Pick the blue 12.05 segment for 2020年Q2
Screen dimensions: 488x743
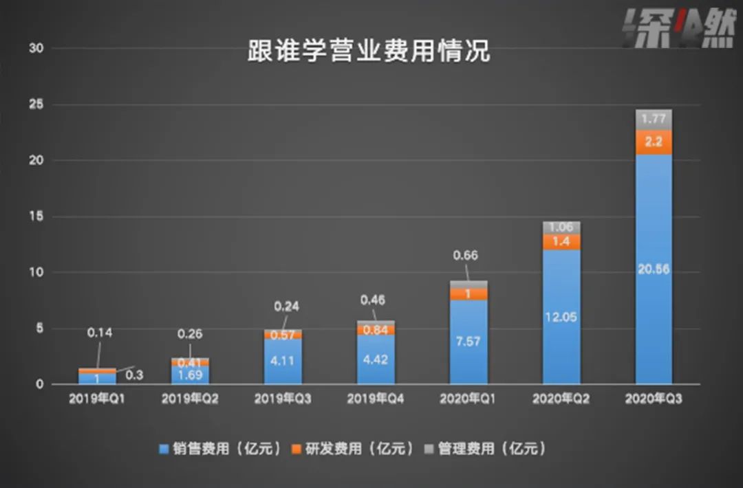pyautogui.click(x=561, y=317)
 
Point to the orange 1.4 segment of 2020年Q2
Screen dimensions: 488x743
pyautogui.click(x=561, y=241)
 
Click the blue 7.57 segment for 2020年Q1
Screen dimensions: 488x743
pyautogui.click(x=469, y=342)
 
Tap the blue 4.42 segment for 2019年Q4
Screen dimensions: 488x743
pyautogui.click(x=376, y=359)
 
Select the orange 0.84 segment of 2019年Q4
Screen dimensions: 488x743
pyautogui.click(x=376, y=330)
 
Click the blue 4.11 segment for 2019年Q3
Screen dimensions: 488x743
pyautogui.click(x=283, y=361)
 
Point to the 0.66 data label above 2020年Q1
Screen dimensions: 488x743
pyautogui.click(x=466, y=256)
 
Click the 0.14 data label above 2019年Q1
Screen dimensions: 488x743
pyautogui.click(x=99, y=333)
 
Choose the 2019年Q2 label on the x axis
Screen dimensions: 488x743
pyautogui.click(x=190, y=399)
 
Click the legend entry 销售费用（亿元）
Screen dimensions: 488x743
pyautogui.click(x=220, y=449)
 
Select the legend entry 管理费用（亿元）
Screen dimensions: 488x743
pyautogui.click(x=485, y=449)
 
